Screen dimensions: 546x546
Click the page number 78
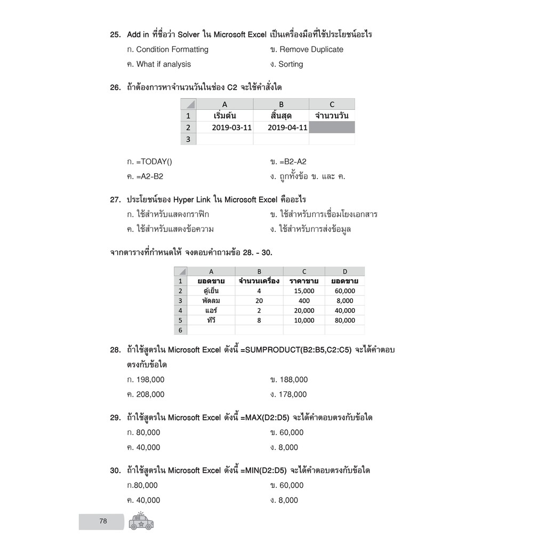pos(103,521)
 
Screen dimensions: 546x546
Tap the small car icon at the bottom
pos(141,521)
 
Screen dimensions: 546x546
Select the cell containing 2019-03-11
pos(231,127)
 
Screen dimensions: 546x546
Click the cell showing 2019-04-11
pos(287,127)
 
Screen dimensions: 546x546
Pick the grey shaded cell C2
pos(332,127)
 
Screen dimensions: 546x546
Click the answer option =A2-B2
pos(149,176)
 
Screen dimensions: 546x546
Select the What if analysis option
pos(163,65)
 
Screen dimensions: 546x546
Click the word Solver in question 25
pos(188,35)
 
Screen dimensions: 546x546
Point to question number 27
pos(115,200)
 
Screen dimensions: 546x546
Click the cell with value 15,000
pos(304,291)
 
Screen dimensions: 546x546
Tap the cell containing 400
pos(304,301)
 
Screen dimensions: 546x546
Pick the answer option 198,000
pos(150,380)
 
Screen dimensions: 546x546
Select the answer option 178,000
pos(293,395)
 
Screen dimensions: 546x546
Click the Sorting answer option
pos(290,65)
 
